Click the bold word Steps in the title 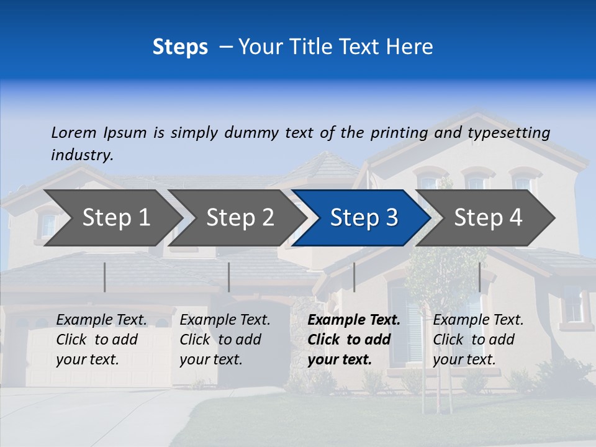tap(180, 47)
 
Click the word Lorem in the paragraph tap(73, 133)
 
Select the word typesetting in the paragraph tap(508, 133)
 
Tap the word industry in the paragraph tap(82, 155)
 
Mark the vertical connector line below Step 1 tap(105, 277)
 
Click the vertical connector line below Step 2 tap(229, 277)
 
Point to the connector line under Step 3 tap(354, 277)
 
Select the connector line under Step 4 tap(479, 277)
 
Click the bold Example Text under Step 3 tap(354, 320)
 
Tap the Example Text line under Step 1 tap(102, 320)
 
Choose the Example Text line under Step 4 tap(478, 320)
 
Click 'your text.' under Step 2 tap(211, 360)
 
